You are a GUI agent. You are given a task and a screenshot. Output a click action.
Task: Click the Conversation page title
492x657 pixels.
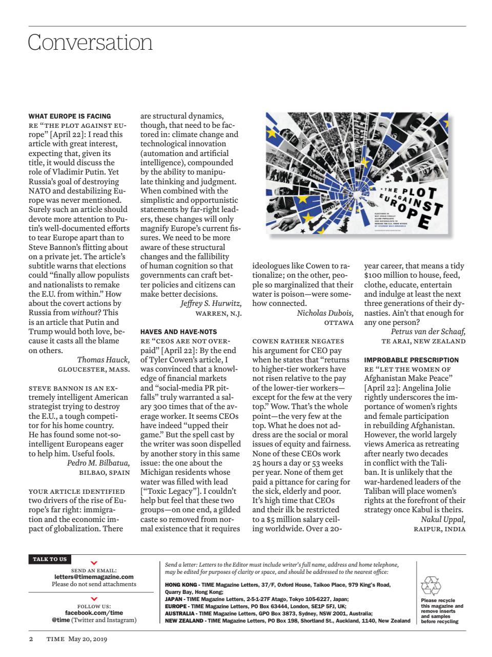(x=90, y=42)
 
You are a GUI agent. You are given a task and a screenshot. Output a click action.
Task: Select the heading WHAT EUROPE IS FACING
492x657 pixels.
(x=69, y=116)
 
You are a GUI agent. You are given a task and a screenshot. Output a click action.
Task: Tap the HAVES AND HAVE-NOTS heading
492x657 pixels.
(x=178, y=332)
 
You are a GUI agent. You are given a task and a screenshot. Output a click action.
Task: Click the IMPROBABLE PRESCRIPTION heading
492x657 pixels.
(x=411, y=360)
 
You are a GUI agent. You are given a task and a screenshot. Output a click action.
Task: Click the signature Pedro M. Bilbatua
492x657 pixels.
(x=98, y=463)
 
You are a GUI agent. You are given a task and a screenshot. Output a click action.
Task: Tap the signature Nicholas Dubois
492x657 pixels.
(x=325, y=313)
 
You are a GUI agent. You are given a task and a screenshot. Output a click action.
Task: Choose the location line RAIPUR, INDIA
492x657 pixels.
(x=439, y=529)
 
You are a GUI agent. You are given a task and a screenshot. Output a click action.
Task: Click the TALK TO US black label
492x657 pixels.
(x=50, y=559)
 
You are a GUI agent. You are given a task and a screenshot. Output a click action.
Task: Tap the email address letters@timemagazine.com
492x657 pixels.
(x=94, y=577)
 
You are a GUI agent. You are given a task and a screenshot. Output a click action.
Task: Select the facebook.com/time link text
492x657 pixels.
(x=94, y=612)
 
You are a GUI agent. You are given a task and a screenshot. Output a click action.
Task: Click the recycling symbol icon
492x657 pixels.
(x=430, y=586)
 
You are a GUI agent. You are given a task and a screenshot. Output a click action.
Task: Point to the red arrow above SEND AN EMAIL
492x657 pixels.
(x=94, y=563)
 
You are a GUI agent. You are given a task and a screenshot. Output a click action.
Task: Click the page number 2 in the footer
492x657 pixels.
(x=31, y=639)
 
